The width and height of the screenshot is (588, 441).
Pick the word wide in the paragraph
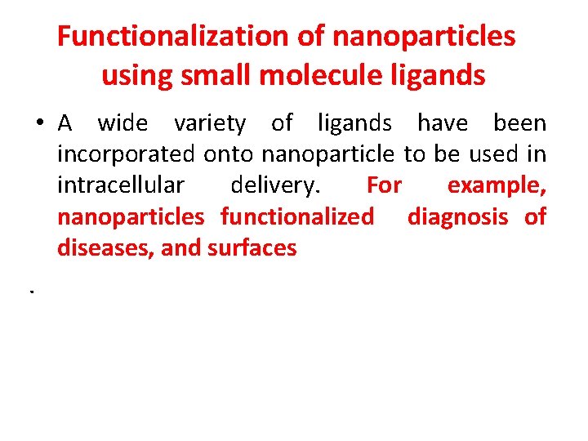[x=122, y=123]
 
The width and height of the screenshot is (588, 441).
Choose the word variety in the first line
[x=209, y=123]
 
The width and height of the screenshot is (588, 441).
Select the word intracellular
[x=121, y=185]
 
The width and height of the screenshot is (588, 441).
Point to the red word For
[x=384, y=185]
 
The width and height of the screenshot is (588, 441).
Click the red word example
[x=497, y=186]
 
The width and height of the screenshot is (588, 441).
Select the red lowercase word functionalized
[x=297, y=216]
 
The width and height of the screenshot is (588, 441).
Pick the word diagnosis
[x=457, y=217]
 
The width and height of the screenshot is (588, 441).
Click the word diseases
[x=105, y=247]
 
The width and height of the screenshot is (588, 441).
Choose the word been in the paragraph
[x=519, y=123]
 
